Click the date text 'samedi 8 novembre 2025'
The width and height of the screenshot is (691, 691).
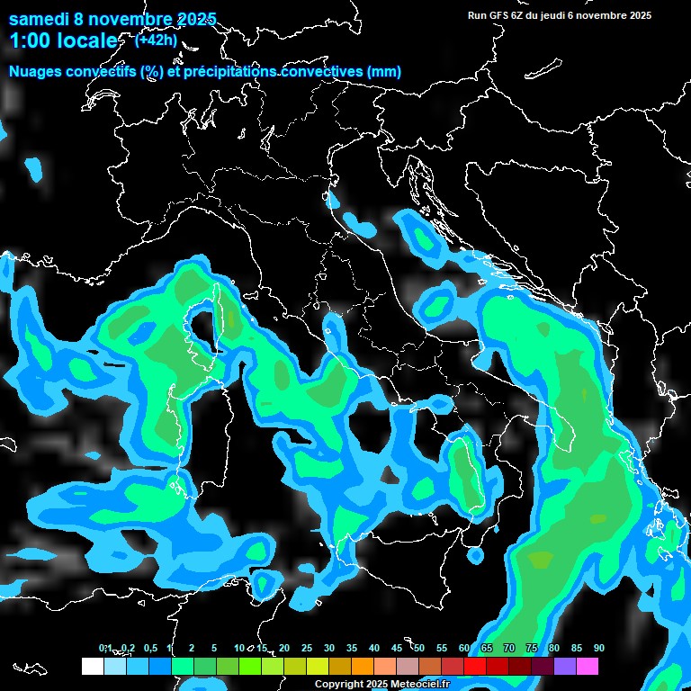click(x=112, y=19)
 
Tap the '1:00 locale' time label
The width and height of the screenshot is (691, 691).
click(x=63, y=40)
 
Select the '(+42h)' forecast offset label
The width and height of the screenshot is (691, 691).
click(x=155, y=40)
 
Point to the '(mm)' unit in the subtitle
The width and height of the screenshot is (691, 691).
click(x=383, y=72)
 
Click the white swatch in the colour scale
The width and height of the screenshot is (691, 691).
click(x=92, y=666)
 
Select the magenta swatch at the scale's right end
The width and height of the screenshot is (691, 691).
click(x=588, y=666)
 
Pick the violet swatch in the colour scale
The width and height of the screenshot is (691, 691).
click(x=565, y=666)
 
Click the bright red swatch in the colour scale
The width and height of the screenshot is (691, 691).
click(x=475, y=666)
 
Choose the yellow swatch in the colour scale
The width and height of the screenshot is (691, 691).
click(x=317, y=666)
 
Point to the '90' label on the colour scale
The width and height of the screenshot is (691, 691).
click(x=599, y=648)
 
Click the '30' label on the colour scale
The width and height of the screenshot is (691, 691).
click(x=329, y=648)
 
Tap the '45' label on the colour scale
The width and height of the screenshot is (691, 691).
click(x=397, y=648)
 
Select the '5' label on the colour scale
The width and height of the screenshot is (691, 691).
click(x=214, y=648)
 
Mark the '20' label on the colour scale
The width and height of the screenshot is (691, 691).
click(x=284, y=648)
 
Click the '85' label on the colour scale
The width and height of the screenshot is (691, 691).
click(x=577, y=648)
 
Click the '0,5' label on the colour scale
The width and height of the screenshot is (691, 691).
click(x=151, y=648)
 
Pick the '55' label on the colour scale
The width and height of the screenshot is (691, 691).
click(x=442, y=648)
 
